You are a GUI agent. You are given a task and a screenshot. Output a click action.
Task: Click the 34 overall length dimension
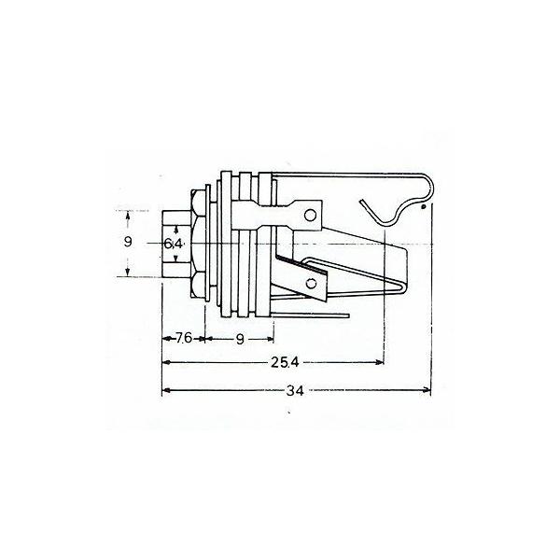point(295,391)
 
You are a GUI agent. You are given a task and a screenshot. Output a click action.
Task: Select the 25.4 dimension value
point(285,362)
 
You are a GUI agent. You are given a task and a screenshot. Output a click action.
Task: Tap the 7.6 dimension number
point(184,338)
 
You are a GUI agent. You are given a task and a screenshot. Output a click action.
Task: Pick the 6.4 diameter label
point(174,244)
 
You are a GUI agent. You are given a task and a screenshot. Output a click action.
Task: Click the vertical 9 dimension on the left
point(128,242)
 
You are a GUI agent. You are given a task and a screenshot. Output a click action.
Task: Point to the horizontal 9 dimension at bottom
point(240,340)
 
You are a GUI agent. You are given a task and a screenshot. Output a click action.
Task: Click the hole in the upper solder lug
point(310,215)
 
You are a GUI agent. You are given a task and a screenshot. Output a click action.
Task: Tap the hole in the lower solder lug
point(312,284)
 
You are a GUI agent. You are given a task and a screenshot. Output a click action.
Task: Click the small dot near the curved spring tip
point(424,206)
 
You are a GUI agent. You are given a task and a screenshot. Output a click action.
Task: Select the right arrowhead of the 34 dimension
point(427,390)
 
